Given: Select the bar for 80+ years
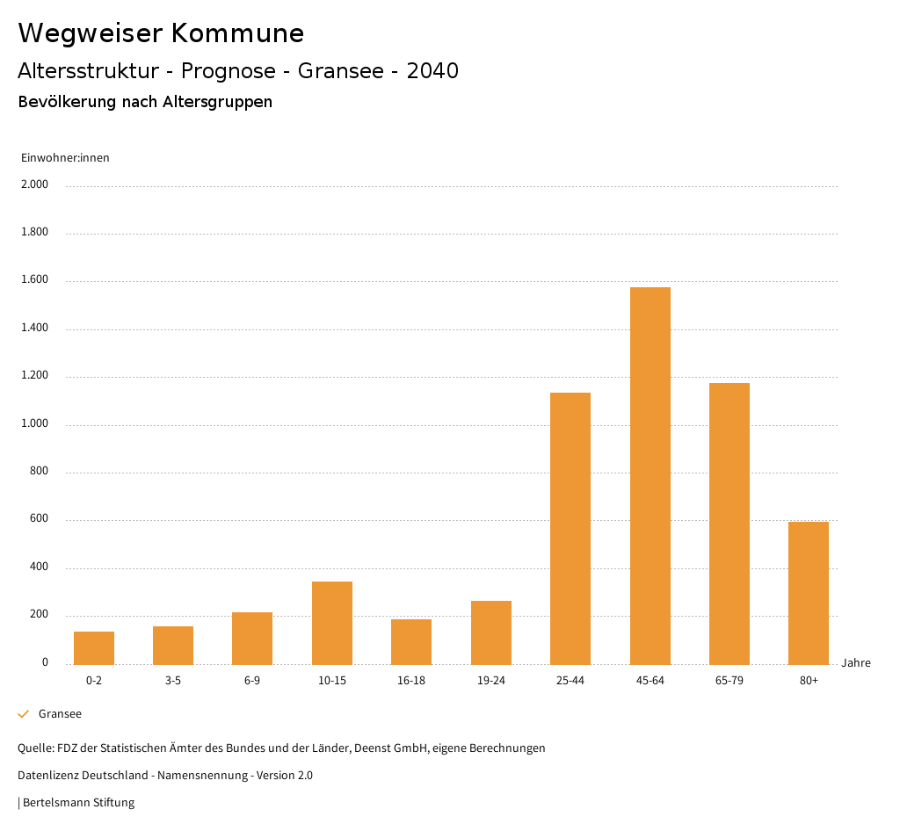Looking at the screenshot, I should (809, 593).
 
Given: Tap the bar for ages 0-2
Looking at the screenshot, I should (94, 647).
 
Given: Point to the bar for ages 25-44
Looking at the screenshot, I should (570, 528).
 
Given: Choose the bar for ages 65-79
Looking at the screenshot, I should (729, 524).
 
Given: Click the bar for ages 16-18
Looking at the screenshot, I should (411, 641).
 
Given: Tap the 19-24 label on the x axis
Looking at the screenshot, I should (490, 681).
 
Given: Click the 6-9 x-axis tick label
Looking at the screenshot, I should (252, 681).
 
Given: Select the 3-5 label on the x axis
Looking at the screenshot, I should (173, 681).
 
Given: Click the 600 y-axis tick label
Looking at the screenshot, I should (39, 519).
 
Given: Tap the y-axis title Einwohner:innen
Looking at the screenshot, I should (65, 158).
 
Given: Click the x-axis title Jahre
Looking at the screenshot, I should (856, 663).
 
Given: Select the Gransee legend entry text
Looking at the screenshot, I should (60, 714).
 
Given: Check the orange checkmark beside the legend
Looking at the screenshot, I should (24, 714).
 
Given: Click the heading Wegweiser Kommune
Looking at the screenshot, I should (161, 33).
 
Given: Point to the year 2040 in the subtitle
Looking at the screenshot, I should (432, 71).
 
